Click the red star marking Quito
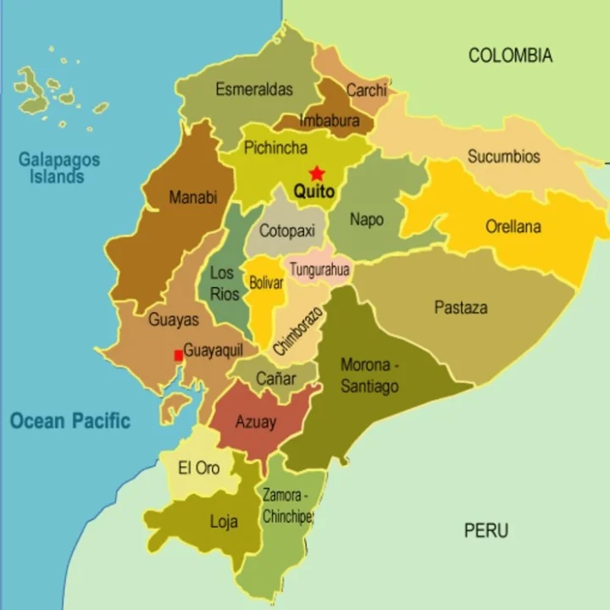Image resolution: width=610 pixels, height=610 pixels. click(317, 173)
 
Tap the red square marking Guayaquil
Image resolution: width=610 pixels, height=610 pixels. click(178, 356)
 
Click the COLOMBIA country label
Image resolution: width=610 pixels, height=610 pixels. click(510, 56)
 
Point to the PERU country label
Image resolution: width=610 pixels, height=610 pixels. click(486, 531)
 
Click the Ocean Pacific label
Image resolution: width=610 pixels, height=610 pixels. click(70, 420)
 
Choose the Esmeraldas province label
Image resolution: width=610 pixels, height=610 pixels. click(254, 89)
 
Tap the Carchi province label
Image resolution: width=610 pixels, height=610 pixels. click(366, 90)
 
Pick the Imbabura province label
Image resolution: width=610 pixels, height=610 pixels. click(330, 121)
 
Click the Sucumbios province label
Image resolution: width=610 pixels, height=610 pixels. click(503, 157)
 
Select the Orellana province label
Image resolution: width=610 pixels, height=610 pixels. click(513, 227)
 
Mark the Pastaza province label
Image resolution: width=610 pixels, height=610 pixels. click(461, 308)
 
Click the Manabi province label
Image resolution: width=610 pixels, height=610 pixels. click(193, 197)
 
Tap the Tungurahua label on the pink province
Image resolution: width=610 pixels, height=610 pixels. click(319, 270)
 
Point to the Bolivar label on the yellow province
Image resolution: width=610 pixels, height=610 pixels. click(266, 283)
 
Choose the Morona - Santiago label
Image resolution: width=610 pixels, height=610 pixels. click(369, 375)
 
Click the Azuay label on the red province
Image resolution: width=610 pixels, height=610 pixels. click(255, 422)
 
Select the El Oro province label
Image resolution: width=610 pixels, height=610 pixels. click(198, 468)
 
